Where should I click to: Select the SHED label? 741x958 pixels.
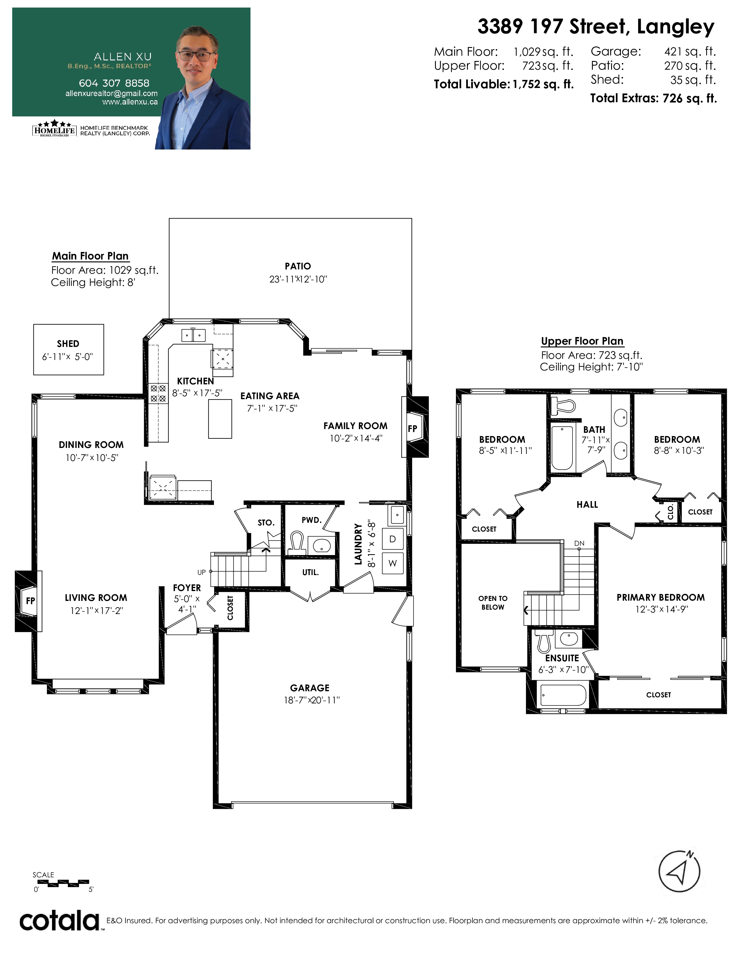tap(68, 343)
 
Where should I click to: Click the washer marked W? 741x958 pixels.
tap(393, 563)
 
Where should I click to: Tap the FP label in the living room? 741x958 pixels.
tap(30, 601)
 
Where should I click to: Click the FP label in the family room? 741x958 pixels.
tap(413, 428)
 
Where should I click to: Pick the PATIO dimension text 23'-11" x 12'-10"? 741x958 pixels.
tap(298, 279)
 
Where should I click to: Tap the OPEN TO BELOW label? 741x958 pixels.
tap(493, 603)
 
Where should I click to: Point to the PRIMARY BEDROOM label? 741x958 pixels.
tap(661, 597)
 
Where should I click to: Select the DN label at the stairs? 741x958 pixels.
tap(579, 543)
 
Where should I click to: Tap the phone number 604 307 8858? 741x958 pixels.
tap(114, 83)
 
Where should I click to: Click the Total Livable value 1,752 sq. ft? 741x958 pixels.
tap(543, 84)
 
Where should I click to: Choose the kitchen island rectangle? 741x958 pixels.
tap(220, 419)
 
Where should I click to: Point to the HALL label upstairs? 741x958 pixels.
tap(587, 505)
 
